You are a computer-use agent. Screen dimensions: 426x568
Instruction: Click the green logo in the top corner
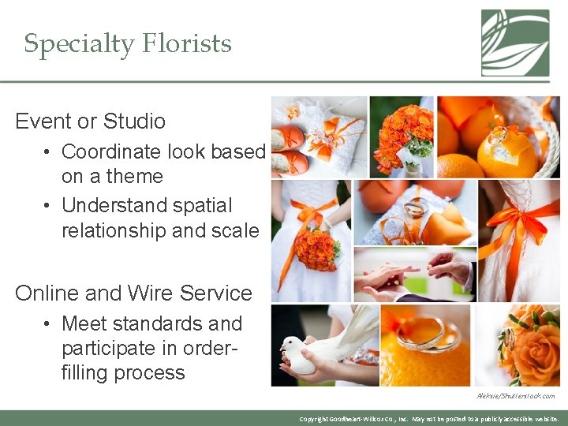pyautogui.click(x=515, y=43)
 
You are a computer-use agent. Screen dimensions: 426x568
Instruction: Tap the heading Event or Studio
pyautogui.click(x=91, y=121)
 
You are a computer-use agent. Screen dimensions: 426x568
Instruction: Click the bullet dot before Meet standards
pyautogui.click(x=48, y=323)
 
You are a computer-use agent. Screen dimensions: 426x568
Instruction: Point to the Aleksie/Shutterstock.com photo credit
pyautogui.click(x=515, y=396)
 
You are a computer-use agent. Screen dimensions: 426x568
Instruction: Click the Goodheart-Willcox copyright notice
pyautogui.click(x=429, y=419)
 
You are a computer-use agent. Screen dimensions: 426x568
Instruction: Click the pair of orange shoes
pyautogui.click(x=289, y=148)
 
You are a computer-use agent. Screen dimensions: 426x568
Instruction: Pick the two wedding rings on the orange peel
pyautogui.click(x=428, y=335)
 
